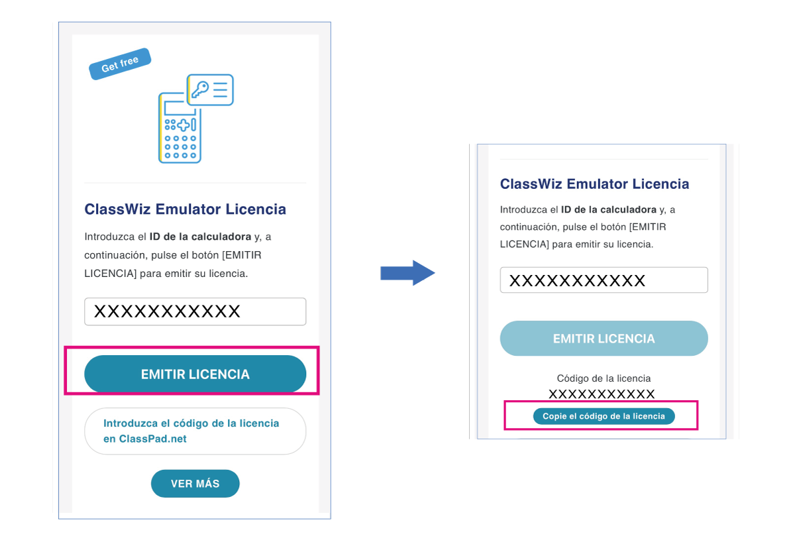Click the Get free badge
(x=120, y=64)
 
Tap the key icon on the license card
(x=199, y=89)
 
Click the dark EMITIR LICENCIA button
(x=195, y=374)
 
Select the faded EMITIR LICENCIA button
(x=604, y=339)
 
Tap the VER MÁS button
(x=195, y=484)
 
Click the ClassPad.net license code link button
(x=195, y=431)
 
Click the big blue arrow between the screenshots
(x=407, y=273)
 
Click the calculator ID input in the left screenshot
(x=195, y=311)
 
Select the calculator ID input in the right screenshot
(x=604, y=280)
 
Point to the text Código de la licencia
(x=604, y=378)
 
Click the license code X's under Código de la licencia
(x=602, y=394)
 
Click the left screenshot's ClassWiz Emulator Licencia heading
(x=185, y=209)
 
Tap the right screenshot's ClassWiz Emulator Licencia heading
(x=594, y=184)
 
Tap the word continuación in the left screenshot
(x=116, y=255)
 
